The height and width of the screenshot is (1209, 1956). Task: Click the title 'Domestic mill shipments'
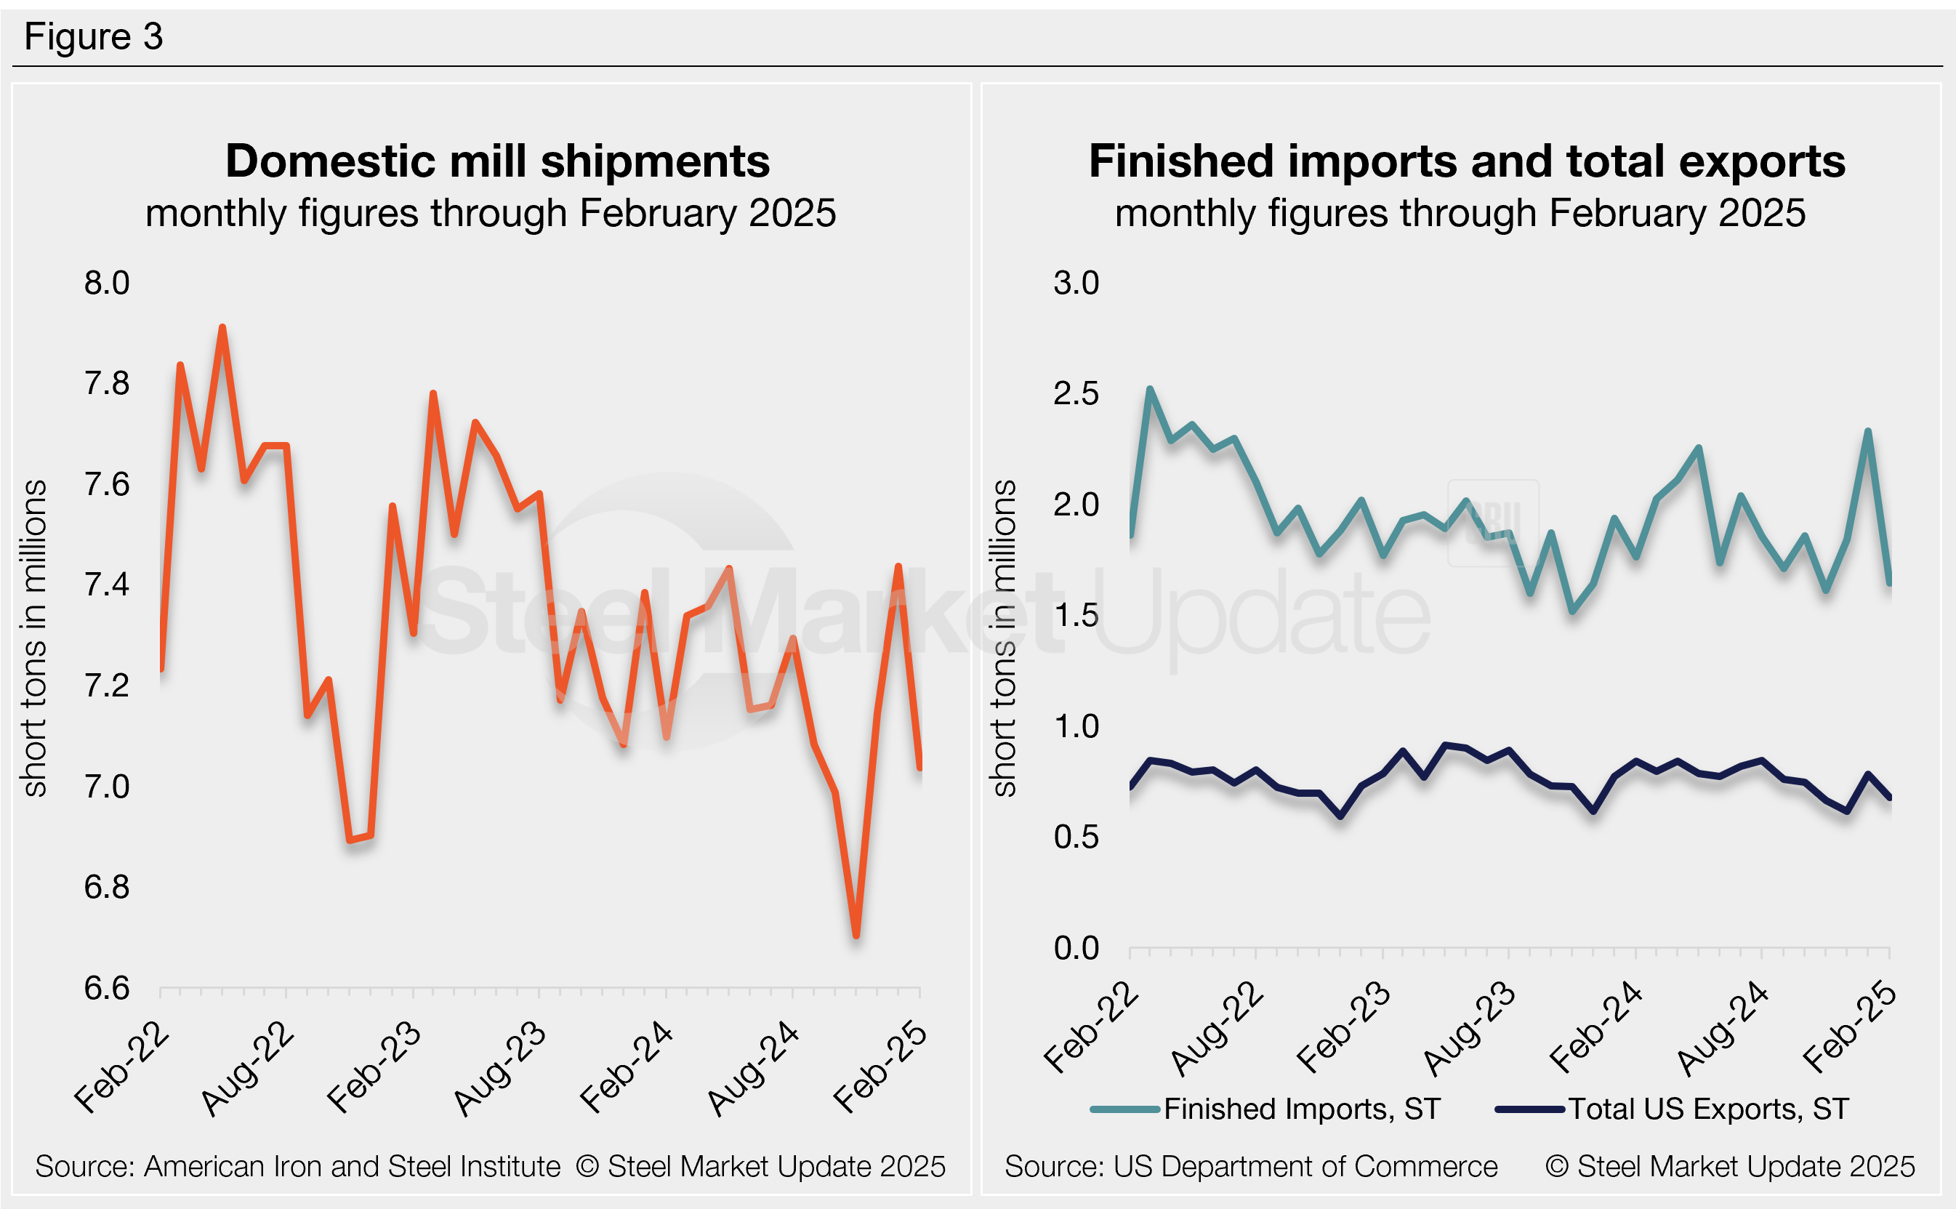point(497,161)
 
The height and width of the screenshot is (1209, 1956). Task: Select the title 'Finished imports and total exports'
point(1467,161)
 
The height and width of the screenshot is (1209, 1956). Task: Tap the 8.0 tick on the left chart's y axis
point(106,283)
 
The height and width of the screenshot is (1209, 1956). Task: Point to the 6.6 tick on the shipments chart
point(106,988)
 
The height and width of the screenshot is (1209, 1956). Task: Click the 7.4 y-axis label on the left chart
point(106,585)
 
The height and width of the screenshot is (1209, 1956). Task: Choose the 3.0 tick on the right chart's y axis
point(1076,283)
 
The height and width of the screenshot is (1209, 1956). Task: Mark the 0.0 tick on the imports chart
point(1076,948)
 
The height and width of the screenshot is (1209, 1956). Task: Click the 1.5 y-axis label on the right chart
point(1076,616)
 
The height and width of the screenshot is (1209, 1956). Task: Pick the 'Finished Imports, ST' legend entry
point(1302,1109)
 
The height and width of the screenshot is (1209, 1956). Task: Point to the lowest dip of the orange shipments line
point(856,935)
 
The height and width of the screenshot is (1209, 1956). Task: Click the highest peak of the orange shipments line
point(222,328)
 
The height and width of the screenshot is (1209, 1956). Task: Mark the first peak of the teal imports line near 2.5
point(1149,390)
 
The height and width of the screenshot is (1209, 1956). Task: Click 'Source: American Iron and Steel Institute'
point(297,1167)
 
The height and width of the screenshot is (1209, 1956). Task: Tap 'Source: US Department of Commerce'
point(1251,1167)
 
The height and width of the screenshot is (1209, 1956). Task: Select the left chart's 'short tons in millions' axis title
point(35,638)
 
